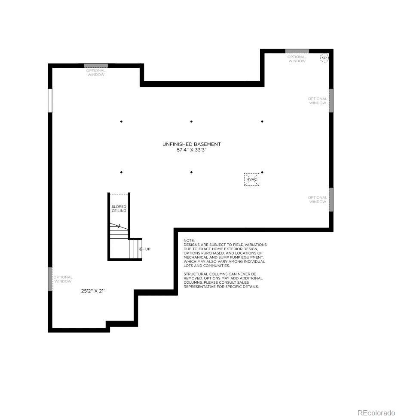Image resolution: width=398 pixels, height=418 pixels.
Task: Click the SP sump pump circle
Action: pyautogui.click(x=324, y=58)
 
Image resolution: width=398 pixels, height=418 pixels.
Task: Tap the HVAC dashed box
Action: pyautogui.click(x=251, y=179)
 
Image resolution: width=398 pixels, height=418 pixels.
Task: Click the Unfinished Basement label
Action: pyautogui.click(x=191, y=144)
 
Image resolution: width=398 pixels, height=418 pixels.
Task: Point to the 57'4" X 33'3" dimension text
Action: pyautogui.click(x=191, y=150)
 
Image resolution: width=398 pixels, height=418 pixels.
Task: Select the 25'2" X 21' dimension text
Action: pyautogui.click(x=93, y=291)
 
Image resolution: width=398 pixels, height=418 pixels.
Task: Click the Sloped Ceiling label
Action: pyautogui.click(x=119, y=209)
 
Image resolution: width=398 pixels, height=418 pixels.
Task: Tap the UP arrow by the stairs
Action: pyautogui.click(x=142, y=249)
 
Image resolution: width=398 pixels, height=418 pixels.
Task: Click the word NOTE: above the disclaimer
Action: pyautogui.click(x=189, y=240)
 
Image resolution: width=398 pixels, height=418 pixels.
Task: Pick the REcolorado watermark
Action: pyautogui.click(x=376, y=413)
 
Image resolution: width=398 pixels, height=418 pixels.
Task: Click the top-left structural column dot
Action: pyautogui.click(x=121, y=121)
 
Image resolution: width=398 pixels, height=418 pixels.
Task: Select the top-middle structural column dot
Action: pyautogui.click(x=191, y=121)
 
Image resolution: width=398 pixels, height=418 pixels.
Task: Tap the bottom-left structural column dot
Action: pyautogui.click(x=121, y=172)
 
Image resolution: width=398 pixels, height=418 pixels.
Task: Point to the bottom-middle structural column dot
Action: pyautogui.click(x=191, y=172)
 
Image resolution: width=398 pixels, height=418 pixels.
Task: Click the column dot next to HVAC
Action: pyautogui.click(x=262, y=172)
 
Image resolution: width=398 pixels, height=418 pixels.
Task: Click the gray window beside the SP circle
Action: pyautogui.click(x=297, y=51)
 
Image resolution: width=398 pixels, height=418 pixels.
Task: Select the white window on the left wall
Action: pyautogui.click(x=50, y=100)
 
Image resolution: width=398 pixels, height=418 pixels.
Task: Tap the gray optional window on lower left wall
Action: pyautogui.click(x=50, y=279)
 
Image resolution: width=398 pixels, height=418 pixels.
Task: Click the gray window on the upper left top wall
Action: pyautogui.click(x=96, y=66)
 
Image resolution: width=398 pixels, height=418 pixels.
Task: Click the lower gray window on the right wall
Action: pyautogui.click(x=331, y=200)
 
